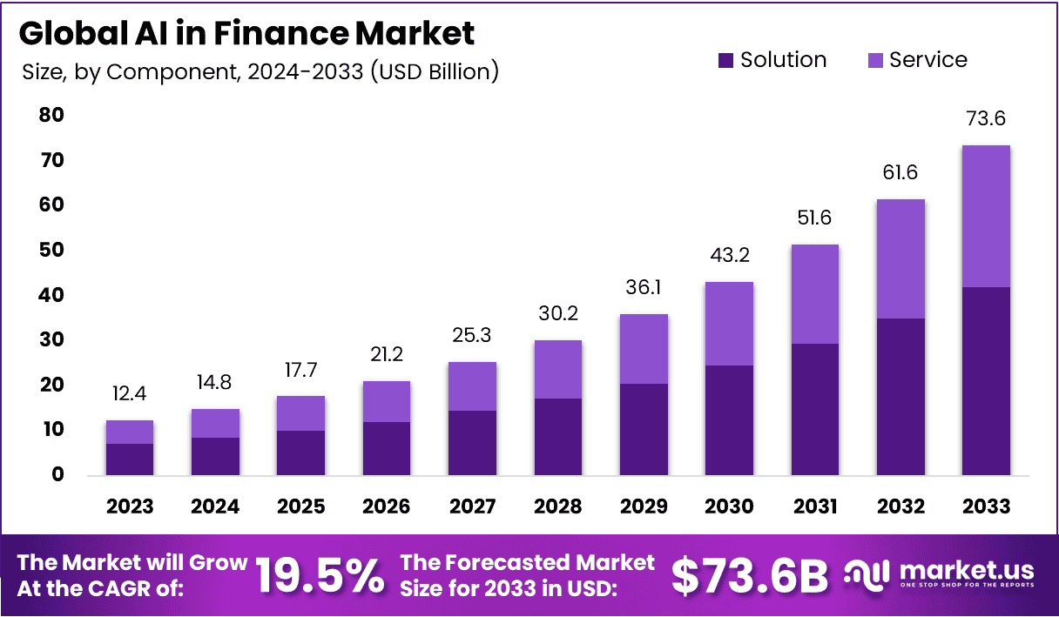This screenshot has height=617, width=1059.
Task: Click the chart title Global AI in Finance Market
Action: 246,33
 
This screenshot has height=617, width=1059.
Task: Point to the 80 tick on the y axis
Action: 51,116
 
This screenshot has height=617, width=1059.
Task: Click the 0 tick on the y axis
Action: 57,475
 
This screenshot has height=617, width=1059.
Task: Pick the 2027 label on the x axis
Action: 472,506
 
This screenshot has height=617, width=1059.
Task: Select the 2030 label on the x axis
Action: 729,506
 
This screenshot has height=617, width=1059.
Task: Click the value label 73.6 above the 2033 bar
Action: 986,119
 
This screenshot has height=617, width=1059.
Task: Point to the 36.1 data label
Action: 644,287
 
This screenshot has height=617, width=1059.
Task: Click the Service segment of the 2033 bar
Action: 986,216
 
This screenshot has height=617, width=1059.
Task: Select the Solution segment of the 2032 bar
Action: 900,397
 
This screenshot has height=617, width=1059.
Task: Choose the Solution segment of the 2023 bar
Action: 130,459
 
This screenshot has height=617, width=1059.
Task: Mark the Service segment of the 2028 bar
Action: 558,369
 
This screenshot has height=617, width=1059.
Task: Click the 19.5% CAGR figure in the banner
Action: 319,575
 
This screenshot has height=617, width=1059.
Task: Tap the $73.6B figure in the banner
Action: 750,575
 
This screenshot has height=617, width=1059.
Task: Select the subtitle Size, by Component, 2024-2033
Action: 260,71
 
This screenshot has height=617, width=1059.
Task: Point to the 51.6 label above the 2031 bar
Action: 814,218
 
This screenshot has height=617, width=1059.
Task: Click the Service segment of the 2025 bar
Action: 300,413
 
